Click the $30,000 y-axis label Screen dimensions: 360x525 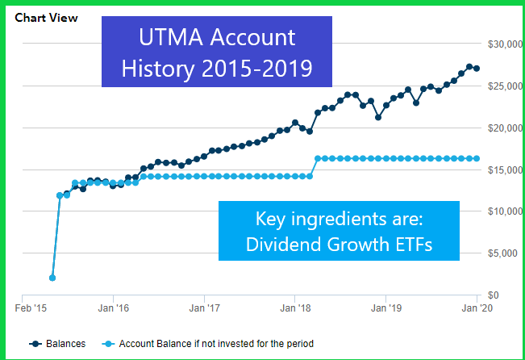pyautogui.click(x=499, y=44)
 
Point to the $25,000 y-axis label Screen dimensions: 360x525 pyautogui.click(x=499, y=86)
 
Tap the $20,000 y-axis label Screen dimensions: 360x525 pyautogui.click(x=499, y=128)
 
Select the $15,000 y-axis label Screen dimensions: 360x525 pyautogui.click(x=499, y=170)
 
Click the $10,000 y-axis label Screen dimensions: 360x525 pyautogui.click(x=499, y=211)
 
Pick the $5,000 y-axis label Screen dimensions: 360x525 pyautogui.click(x=502, y=253)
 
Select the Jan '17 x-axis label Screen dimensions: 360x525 pyautogui.click(x=204, y=308)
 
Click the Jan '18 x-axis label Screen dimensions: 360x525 pyautogui.click(x=295, y=308)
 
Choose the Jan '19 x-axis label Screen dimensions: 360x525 pyautogui.click(x=386, y=308)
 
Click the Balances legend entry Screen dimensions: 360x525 pyautogui.click(x=60, y=344)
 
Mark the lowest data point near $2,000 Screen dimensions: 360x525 pyautogui.click(x=52, y=278)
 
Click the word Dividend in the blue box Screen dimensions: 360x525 pyautogui.click(x=277, y=245)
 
